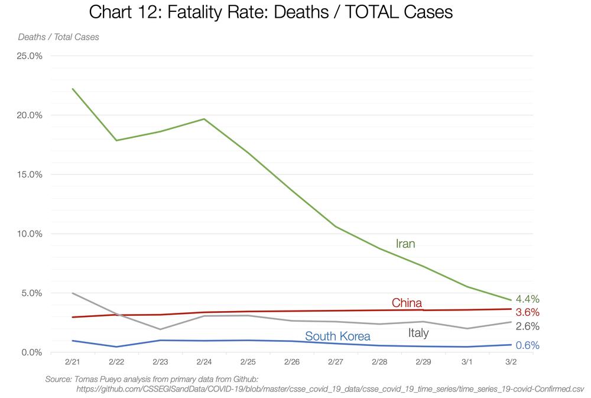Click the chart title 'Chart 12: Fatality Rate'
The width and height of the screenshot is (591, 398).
(x=270, y=12)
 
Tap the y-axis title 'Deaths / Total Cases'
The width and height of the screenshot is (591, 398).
(x=59, y=37)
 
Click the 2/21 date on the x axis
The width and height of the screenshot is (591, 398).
(x=73, y=361)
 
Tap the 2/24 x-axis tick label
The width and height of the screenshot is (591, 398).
(x=204, y=361)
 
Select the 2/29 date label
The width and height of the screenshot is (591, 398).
(x=423, y=361)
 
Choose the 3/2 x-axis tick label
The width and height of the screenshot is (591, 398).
(x=511, y=361)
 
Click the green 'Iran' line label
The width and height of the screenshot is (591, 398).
(x=405, y=244)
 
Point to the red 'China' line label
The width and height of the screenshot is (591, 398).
(x=407, y=303)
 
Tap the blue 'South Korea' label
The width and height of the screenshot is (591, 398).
(x=337, y=336)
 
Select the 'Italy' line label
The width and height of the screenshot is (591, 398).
(x=418, y=334)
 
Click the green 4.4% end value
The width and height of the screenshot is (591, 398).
(x=527, y=299)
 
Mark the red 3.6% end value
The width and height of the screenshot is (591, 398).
(x=527, y=312)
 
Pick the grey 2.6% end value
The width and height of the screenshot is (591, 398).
(x=527, y=326)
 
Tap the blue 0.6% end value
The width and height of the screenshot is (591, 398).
(x=527, y=345)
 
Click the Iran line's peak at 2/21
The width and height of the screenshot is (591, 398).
(x=73, y=89)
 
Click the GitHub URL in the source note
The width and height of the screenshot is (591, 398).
(x=330, y=389)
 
